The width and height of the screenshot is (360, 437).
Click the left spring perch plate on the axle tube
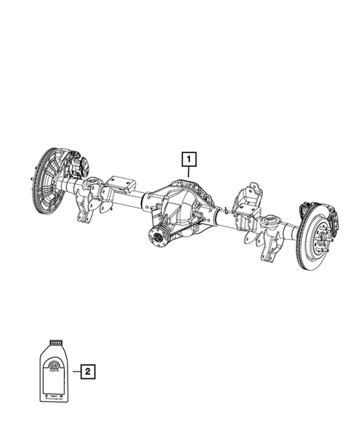click(120, 183)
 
